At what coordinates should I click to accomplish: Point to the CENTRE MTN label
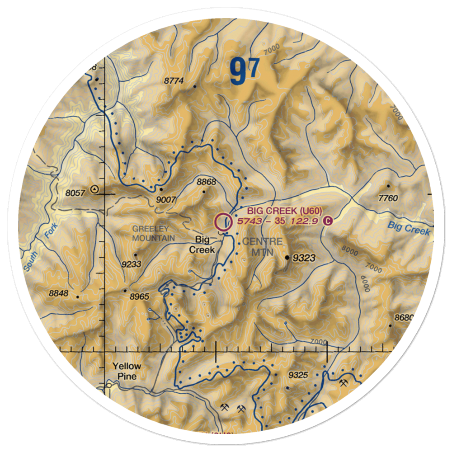coord(262,247)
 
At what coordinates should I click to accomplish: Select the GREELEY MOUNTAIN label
coord(153,234)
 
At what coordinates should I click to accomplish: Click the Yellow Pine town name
coord(127,371)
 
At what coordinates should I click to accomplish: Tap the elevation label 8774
coord(174,81)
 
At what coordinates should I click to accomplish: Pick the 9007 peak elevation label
coord(165,198)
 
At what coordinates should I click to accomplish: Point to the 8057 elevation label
coord(75,193)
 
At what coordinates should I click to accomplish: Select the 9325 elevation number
coord(298,375)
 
